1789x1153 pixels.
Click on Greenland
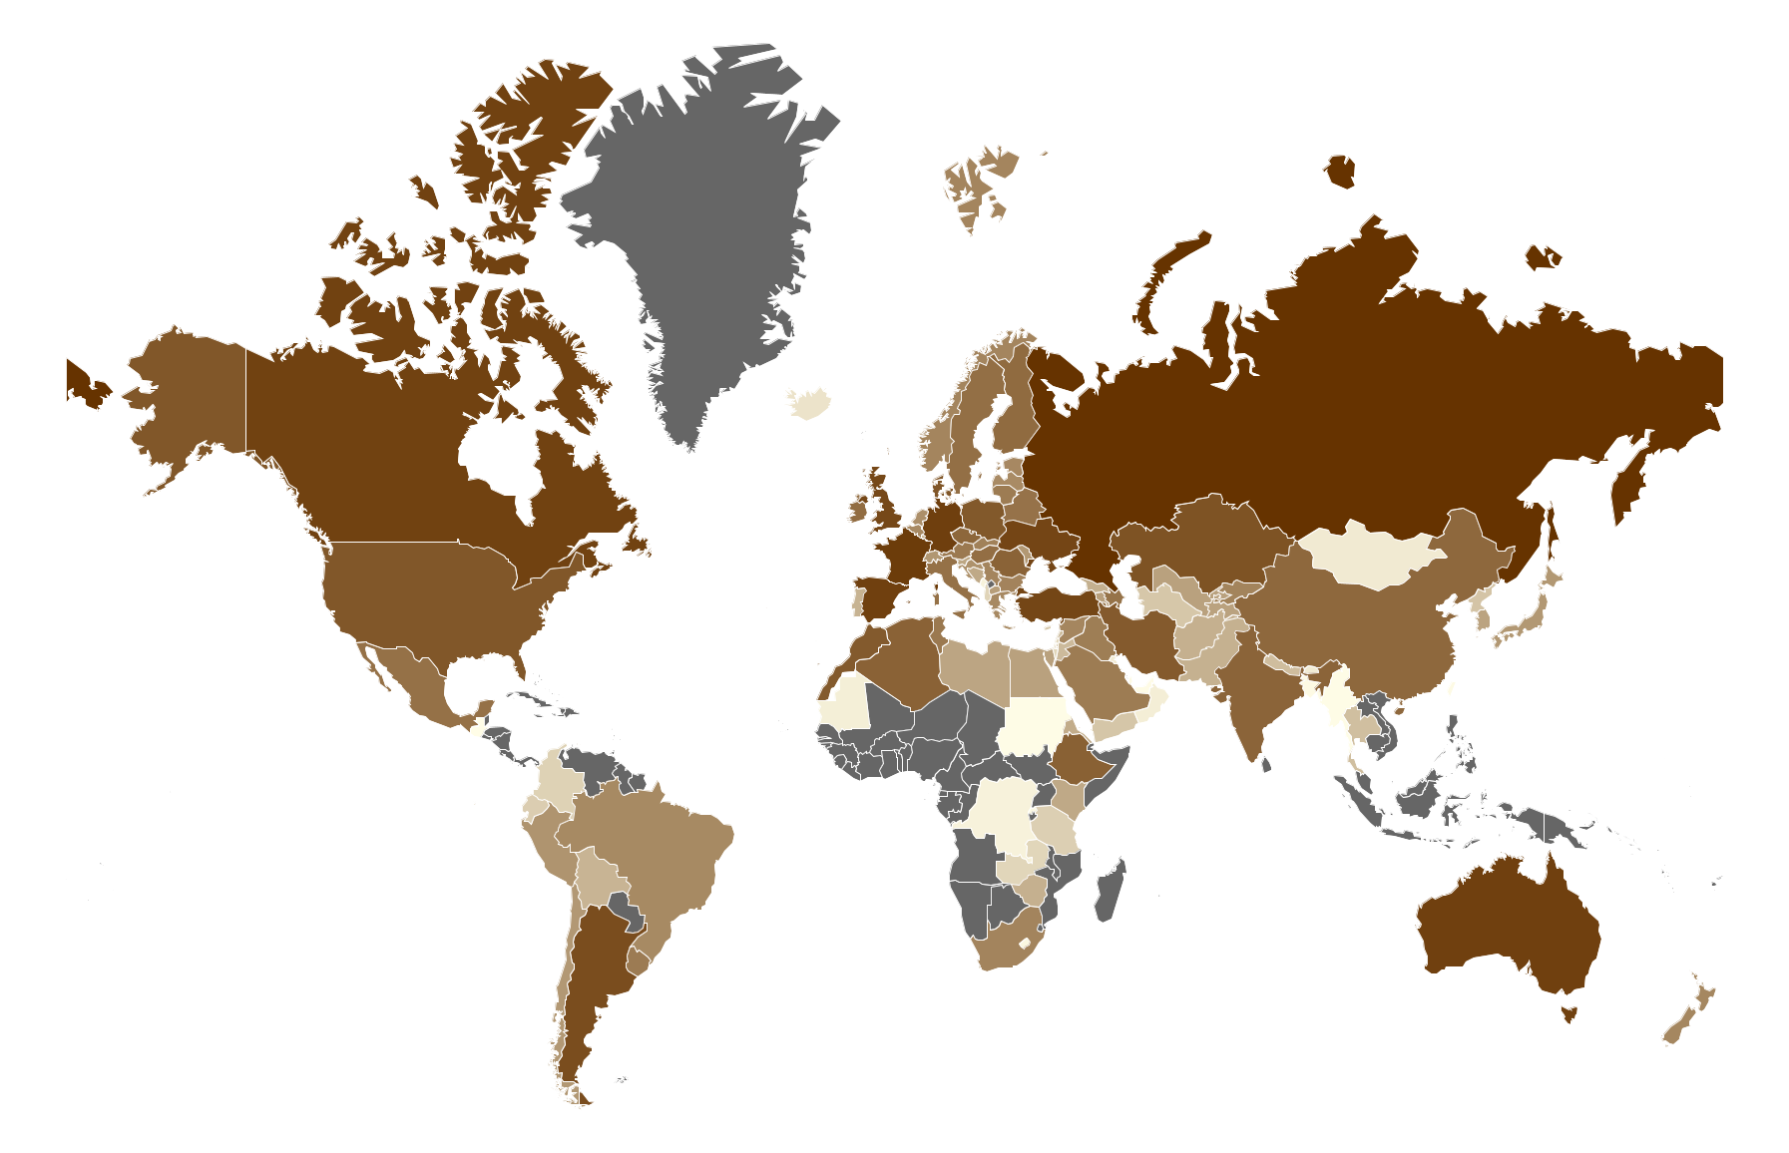click(x=698, y=229)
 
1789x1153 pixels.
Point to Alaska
click(x=190, y=399)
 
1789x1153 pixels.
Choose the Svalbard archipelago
click(x=978, y=185)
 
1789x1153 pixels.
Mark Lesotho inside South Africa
click(x=1024, y=943)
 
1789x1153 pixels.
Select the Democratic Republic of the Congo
click(x=998, y=813)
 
